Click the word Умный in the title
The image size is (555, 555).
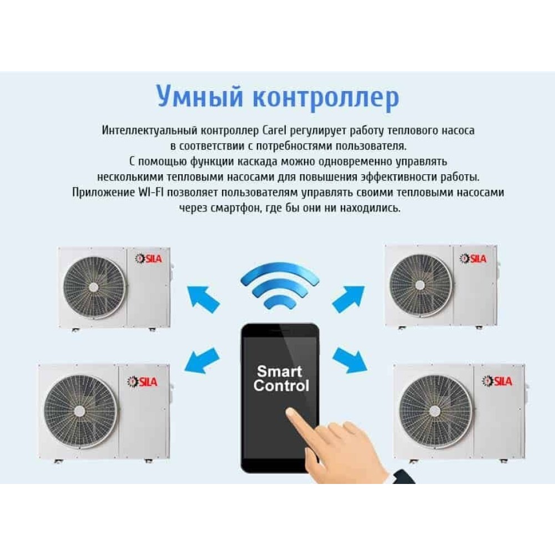pyautogui.click(x=200, y=97)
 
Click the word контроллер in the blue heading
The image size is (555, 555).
pyautogui.click(x=326, y=97)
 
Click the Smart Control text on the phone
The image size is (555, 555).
pyautogui.click(x=281, y=379)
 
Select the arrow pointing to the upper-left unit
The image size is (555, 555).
pyautogui.click(x=203, y=299)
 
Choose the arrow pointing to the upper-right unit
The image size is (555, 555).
pyautogui.click(x=349, y=299)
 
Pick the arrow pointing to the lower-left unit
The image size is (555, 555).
pyautogui.click(x=201, y=360)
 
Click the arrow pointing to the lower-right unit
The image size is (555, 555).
pyautogui.click(x=350, y=360)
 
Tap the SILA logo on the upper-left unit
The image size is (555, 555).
pyautogui.click(x=148, y=259)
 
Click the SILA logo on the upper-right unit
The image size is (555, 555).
pyautogui.click(x=473, y=259)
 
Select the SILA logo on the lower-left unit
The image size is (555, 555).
pyautogui.click(x=142, y=382)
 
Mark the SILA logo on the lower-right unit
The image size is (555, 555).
pyautogui.click(x=497, y=381)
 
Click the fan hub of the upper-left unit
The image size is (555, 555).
pyautogui.click(x=93, y=287)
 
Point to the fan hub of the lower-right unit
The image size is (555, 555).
pyautogui.click(x=435, y=411)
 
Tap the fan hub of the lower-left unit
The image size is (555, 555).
pyautogui.click(x=79, y=411)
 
